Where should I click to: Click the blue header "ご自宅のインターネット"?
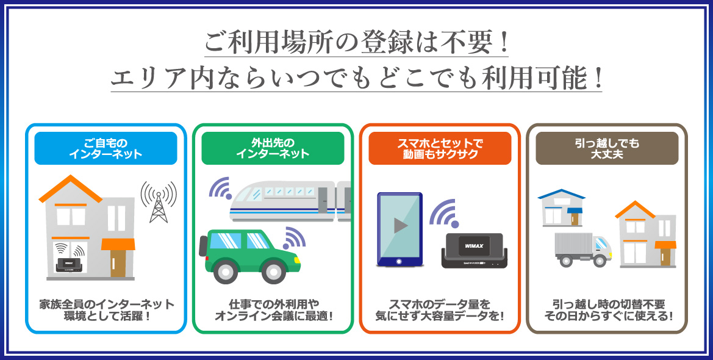(106, 148)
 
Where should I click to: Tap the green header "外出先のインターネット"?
(273, 148)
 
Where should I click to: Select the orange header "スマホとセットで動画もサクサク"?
(440, 148)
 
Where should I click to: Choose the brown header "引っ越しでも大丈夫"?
(607, 148)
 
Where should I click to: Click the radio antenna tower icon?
(158, 202)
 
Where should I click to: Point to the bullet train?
(290, 201)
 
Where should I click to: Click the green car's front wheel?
(274, 272)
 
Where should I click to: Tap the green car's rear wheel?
(224, 272)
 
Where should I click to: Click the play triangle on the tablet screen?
(400, 226)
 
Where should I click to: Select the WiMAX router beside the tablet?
(475, 250)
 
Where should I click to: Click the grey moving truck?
(583, 250)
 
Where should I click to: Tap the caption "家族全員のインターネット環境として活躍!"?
(107, 309)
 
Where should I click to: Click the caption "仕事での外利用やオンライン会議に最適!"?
(274, 309)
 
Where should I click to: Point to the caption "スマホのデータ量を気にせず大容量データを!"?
(440, 309)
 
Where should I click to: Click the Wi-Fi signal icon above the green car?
(294, 237)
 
